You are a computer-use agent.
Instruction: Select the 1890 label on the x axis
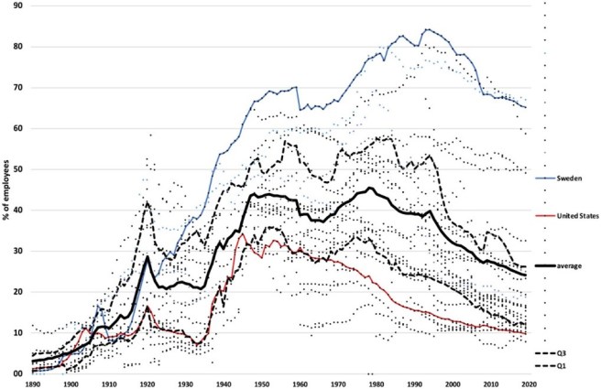(34, 384)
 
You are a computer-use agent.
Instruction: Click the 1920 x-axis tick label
(148, 384)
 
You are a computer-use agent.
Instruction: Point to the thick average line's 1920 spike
(148, 257)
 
